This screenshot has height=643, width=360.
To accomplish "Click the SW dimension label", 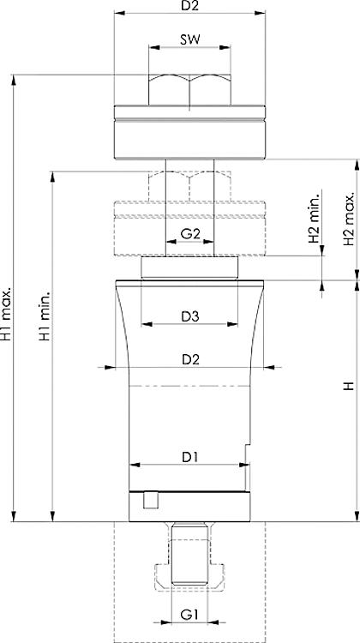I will pos(189,39).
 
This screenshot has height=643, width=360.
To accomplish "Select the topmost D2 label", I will pos(189,6).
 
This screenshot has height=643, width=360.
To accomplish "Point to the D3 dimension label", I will pos(189,316).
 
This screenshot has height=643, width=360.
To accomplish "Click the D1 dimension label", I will pos(189,457).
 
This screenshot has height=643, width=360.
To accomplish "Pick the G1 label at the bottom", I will pos(189,614).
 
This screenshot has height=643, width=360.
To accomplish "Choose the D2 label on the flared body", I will pos(189,359).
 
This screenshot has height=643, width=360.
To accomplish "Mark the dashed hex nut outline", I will pos(189,183).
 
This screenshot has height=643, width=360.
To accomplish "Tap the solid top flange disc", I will pos(189,130).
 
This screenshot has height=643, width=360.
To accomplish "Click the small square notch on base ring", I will pos(151,501).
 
